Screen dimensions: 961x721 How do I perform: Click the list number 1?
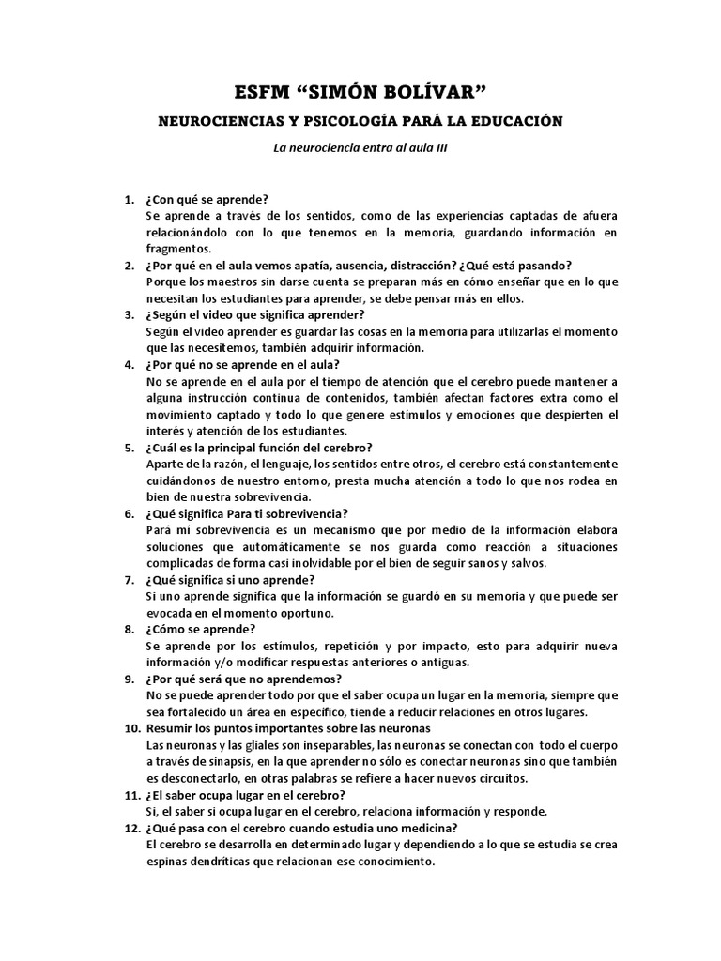coord(130,199)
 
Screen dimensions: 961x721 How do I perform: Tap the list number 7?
coord(130,580)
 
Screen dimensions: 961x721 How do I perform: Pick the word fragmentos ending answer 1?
coord(179,249)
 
